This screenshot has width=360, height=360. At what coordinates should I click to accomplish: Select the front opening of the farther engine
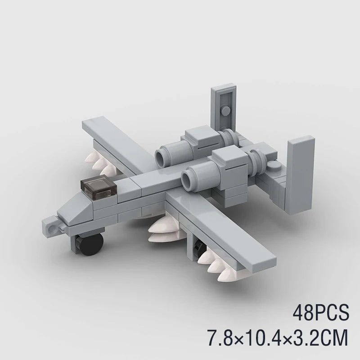click(x=162, y=156)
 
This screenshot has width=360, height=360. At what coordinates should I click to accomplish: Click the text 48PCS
click(x=321, y=313)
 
